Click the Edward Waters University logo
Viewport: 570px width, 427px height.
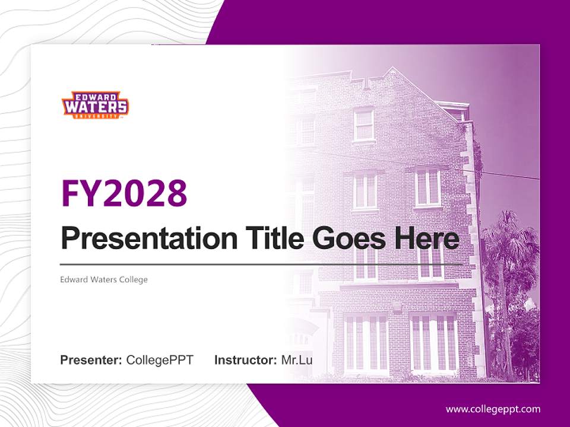[95, 106]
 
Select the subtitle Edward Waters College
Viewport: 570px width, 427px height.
[103, 279]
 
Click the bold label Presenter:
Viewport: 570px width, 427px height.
[91, 360]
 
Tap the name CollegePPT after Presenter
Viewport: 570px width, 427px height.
[160, 360]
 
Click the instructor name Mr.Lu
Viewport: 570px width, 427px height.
[297, 360]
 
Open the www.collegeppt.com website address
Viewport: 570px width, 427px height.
[493, 409]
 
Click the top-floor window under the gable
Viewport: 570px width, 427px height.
[363, 125]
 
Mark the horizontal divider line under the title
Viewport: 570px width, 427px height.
[261, 264]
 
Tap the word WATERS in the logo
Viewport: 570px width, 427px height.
[95, 107]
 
